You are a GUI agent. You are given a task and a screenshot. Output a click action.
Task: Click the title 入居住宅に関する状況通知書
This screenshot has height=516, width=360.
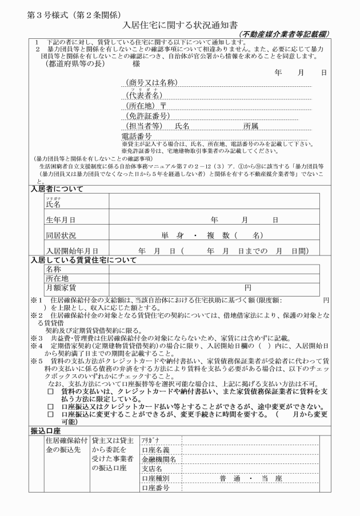tap(180, 25)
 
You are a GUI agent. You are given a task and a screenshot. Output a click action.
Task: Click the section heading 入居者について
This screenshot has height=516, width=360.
tap(57, 189)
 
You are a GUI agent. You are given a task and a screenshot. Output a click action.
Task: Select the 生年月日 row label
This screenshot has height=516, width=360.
tap(61, 219)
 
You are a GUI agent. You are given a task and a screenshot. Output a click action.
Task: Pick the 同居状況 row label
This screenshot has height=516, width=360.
tap(61, 235)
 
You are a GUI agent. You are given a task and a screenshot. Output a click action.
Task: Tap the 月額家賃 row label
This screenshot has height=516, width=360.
tap(61, 287)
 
